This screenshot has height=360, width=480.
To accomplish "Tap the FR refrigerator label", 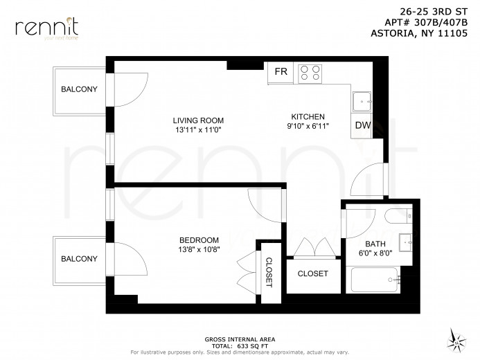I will coord(281,72).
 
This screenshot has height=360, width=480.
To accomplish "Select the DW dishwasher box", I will coord(362,125).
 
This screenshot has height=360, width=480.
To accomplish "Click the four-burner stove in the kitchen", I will coord(310,73).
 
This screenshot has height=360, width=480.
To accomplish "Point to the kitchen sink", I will coord(362,102).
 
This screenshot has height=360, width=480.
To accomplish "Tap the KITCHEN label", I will coord(308,116).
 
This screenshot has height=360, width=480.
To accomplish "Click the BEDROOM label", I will coord(199,240).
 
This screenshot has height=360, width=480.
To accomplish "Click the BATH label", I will coord(375,244).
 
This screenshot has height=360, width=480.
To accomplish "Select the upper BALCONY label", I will coord(79,89).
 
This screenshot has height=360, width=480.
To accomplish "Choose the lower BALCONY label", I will coord(79,258).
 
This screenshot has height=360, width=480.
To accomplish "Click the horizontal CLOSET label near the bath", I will coord(312,273).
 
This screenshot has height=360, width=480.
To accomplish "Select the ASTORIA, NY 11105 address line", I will coord(425,30).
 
